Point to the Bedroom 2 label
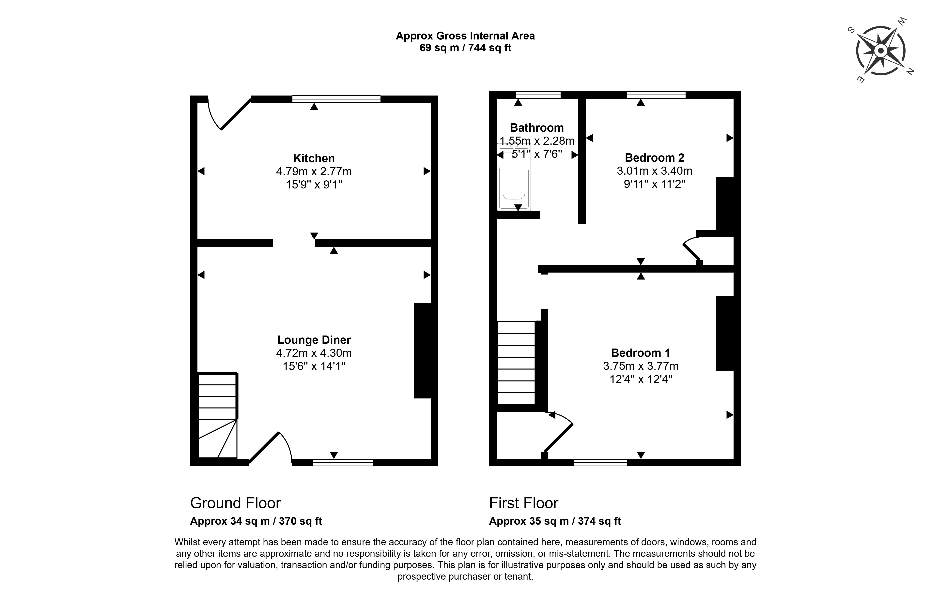pyautogui.click(x=655, y=158)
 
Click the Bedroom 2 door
pyautogui.click(x=691, y=250)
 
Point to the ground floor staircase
pyautogui.click(x=217, y=415)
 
